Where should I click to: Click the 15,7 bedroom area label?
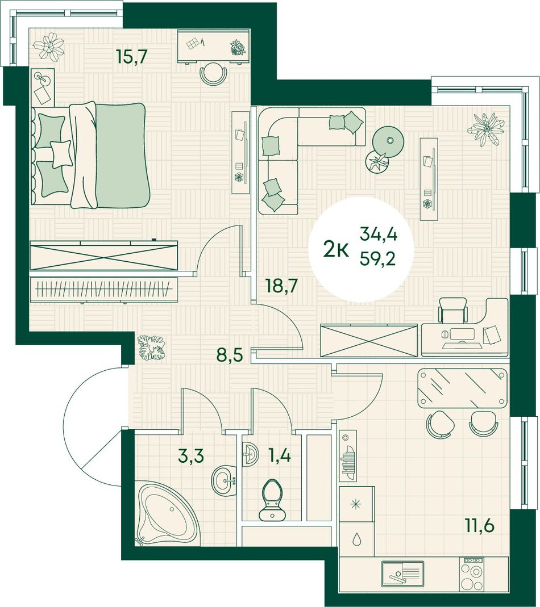tap(132, 57)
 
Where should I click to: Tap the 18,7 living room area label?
tap(281, 286)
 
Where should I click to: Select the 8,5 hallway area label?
tap(230, 353)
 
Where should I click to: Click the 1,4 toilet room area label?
tap(279, 455)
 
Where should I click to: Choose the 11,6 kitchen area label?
tap(480, 526)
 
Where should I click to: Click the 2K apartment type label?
tap(336, 251)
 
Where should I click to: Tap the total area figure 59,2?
tap(377, 258)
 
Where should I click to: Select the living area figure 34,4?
tap(379, 234)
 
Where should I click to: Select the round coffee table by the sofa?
tap(388, 141)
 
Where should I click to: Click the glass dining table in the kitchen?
tap(462, 388)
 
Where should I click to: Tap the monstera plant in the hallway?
tap(153, 348)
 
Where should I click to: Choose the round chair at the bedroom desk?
tap(213, 75)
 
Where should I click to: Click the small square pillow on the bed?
tap(61, 153)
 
